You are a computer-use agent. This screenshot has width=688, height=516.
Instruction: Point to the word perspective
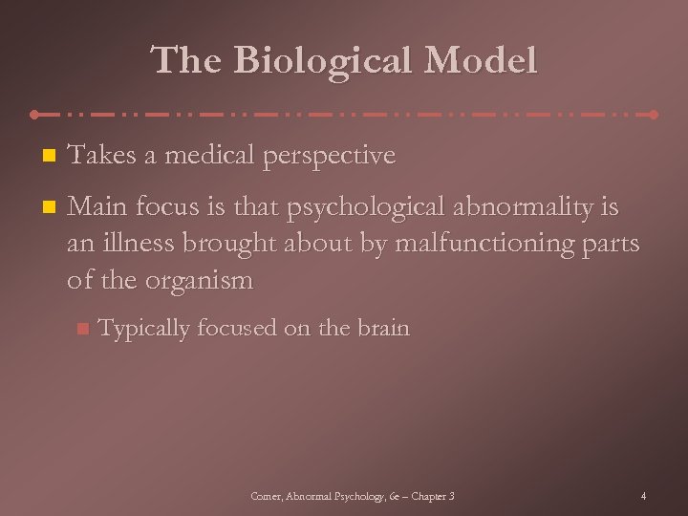pos(326,157)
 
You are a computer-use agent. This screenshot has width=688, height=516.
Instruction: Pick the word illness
pos(133,244)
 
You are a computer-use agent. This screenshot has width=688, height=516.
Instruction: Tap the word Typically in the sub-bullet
pos(144,329)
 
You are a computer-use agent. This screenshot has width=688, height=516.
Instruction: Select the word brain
pos(382,328)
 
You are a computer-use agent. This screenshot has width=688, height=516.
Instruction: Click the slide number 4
pos(644,496)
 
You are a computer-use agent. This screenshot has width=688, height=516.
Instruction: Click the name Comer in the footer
pos(265,496)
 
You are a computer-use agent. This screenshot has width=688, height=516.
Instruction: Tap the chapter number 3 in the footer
pos(450,496)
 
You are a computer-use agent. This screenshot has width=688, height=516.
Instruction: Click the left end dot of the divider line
pos(35,115)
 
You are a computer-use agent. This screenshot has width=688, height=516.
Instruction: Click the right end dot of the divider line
pos(654,115)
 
